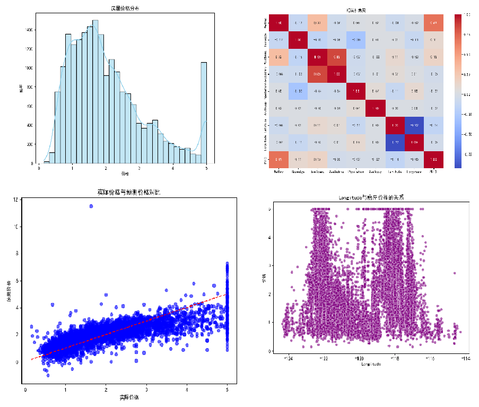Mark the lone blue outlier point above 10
point(91,206)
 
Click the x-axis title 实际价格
point(129,397)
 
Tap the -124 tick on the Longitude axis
point(289,359)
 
